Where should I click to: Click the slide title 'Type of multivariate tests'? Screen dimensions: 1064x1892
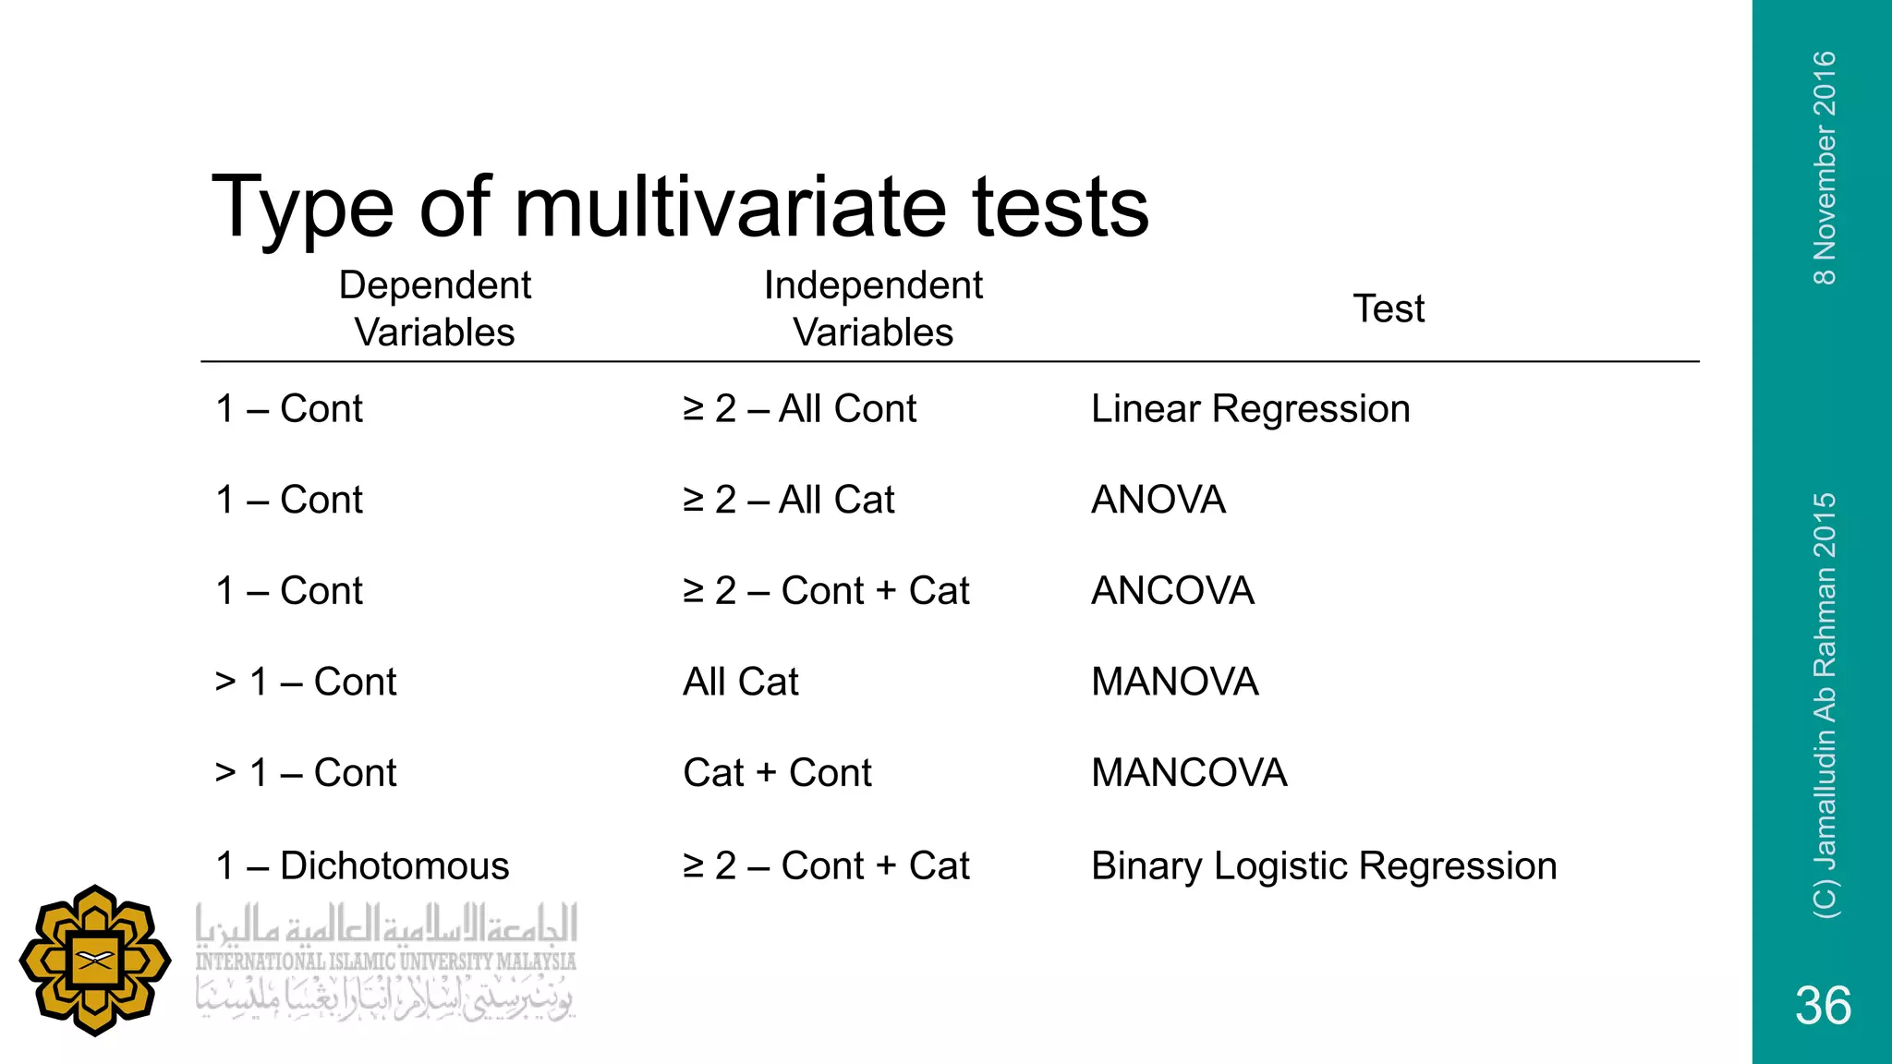click(x=680, y=207)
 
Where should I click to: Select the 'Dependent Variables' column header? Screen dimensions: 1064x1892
click(x=434, y=308)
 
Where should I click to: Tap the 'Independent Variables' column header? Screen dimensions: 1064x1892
click(x=873, y=308)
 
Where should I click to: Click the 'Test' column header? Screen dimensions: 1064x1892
click(x=1389, y=308)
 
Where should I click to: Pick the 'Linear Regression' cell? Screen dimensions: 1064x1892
click(x=1250, y=408)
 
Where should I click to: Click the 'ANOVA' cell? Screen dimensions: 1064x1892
click(x=1158, y=500)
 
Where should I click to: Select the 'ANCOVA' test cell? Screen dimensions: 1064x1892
click(x=1172, y=590)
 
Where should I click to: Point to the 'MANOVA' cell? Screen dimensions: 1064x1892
click(x=1174, y=682)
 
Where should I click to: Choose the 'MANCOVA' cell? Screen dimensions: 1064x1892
click(x=1189, y=772)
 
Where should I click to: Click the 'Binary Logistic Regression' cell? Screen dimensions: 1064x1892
click(x=1324, y=865)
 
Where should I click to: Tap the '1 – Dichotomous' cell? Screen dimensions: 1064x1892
click(x=362, y=865)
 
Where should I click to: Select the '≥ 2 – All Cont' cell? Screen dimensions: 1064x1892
click(x=799, y=408)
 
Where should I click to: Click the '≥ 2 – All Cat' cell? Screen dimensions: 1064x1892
click(x=788, y=500)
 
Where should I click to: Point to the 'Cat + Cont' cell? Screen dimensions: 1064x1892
click(x=777, y=772)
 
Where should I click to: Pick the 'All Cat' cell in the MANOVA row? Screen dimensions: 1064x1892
click(x=741, y=682)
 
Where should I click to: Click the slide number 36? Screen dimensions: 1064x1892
click(x=1823, y=1005)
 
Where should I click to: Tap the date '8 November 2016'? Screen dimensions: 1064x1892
click(x=1825, y=168)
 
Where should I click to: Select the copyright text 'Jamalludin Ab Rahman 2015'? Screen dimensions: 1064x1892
click(x=1825, y=706)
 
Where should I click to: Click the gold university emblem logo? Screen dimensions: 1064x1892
click(x=95, y=961)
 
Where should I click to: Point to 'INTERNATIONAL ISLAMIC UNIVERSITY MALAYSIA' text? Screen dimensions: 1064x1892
click(x=385, y=961)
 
